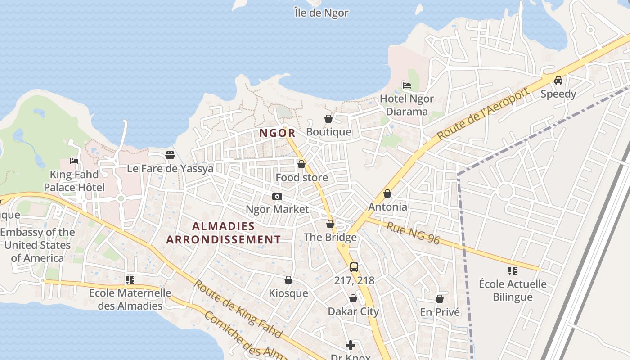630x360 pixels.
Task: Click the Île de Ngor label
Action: [321, 13]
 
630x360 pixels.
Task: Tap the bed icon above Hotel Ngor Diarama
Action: [407, 85]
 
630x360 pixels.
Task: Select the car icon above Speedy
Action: [558, 81]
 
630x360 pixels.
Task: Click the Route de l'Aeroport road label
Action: [483, 114]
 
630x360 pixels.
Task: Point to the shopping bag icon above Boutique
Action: [328, 119]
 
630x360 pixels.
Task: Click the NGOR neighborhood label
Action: [277, 133]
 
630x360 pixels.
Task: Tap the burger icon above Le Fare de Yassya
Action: [170, 155]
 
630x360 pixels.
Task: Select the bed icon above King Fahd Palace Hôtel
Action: [74, 161]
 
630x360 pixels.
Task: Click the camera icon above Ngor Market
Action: [277, 196]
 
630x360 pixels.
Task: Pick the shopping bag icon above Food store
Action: [301, 164]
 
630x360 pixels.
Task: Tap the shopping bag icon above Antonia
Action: [387, 193]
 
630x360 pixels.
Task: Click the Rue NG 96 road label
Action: [413, 233]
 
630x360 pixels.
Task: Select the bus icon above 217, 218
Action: [354, 267]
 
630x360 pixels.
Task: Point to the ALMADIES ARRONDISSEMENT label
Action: [223, 233]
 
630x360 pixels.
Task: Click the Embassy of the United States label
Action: [37, 245]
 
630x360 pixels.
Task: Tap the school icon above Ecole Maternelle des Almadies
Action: [130, 280]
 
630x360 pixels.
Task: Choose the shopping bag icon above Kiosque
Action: [288, 280]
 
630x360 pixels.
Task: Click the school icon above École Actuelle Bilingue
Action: [512, 270]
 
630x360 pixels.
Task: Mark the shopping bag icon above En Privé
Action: [440, 299]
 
